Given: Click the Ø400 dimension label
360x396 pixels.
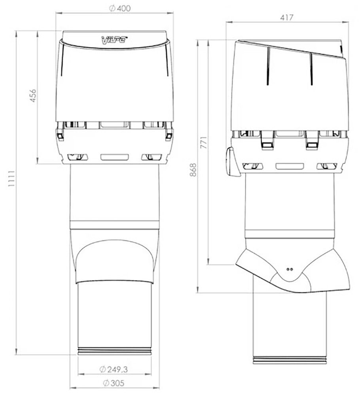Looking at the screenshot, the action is tap(120, 8).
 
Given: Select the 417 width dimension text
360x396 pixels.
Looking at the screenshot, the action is tap(286, 18).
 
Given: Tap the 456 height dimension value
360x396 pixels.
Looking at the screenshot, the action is tap(33, 95).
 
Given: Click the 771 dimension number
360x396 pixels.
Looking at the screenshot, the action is tap(204, 143).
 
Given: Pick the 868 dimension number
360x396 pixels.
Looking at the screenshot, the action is tap(193, 170).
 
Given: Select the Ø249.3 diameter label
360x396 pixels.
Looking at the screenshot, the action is tap(114, 369).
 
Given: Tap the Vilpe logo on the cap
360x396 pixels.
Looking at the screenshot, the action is tap(114, 40).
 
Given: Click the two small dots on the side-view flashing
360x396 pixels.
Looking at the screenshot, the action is tap(290, 269).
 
